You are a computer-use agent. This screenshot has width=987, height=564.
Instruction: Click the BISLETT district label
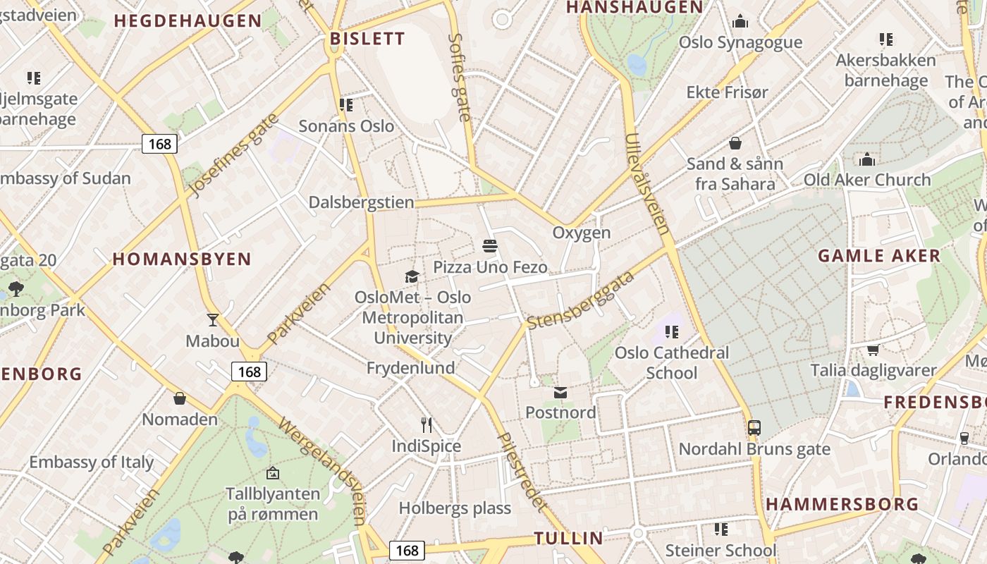point(367,39)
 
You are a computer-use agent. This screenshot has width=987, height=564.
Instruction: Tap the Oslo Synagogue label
point(740,42)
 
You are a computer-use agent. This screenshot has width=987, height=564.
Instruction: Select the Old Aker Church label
point(867,180)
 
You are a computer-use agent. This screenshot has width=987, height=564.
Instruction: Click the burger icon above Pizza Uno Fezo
point(491,246)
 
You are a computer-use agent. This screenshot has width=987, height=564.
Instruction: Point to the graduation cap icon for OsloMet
point(412,276)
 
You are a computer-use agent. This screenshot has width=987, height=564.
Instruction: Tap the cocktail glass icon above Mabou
point(213,319)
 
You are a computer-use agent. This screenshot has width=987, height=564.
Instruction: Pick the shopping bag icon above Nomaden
point(180,398)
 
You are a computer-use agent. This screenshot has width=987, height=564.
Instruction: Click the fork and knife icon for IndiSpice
point(427,424)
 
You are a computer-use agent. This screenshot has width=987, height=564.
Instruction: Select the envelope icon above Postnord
point(560,392)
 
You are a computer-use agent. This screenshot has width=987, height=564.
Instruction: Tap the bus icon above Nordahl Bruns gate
point(754,427)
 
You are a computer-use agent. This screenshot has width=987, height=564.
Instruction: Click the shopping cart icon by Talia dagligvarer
point(873,350)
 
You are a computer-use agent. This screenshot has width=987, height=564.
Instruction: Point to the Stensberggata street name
point(581,300)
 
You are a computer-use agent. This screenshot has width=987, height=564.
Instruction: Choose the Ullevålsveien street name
point(646,183)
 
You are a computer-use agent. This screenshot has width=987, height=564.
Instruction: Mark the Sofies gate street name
point(459,78)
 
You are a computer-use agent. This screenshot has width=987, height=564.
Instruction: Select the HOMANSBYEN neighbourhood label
point(182,259)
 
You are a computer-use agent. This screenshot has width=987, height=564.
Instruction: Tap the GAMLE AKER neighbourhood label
point(879,255)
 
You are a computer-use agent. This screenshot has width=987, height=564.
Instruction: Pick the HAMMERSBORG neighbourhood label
point(842,504)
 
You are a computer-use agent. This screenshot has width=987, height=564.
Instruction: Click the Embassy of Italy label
point(92,462)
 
